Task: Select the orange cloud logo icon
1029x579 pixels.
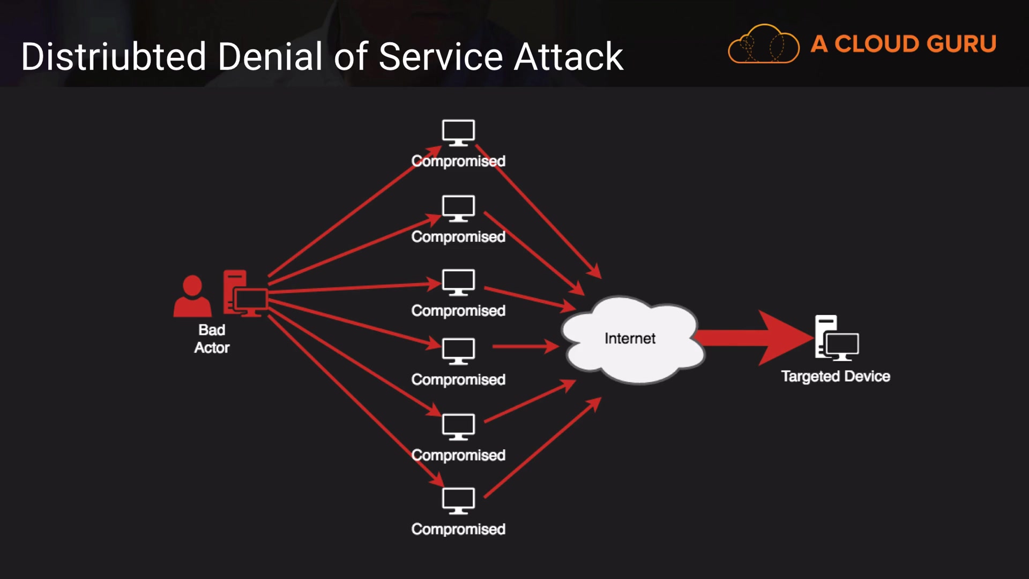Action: (x=763, y=44)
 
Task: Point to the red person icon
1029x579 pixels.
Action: (x=192, y=296)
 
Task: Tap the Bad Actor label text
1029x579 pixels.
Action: (x=212, y=338)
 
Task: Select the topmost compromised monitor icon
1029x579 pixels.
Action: (x=458, y=132)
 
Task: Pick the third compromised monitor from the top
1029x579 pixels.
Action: (x=458, y=282)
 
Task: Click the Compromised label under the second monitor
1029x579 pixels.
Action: (x=458, y=236)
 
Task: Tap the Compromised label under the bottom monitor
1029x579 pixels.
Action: (x=458, y=529)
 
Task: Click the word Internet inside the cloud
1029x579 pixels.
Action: (x=630, y=338)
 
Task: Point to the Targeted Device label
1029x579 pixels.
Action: (x=835, y=376)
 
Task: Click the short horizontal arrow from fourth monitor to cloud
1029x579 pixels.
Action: (x=525, y=346)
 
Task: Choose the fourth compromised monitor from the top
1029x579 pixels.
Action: (x=458, y=351)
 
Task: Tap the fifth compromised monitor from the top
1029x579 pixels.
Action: (x=458, y=427)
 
